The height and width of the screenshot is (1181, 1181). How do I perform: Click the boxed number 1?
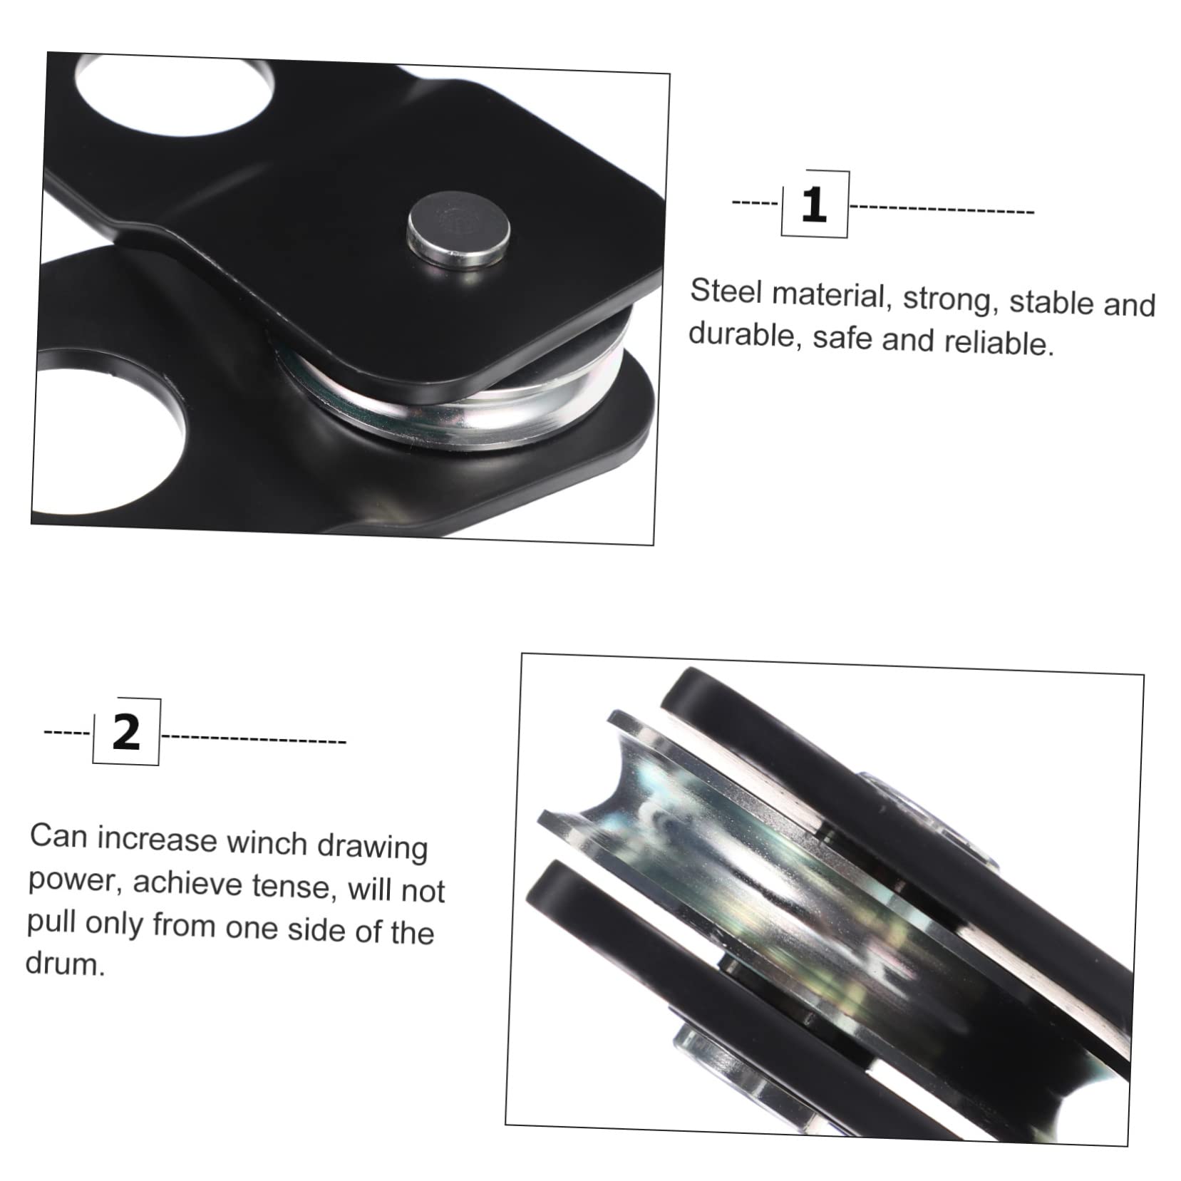point(814,205)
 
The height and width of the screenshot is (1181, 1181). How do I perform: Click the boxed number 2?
point(126,731)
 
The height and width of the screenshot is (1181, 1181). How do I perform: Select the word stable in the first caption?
point(1052,302)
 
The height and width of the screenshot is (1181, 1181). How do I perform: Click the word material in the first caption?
point(829,295)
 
